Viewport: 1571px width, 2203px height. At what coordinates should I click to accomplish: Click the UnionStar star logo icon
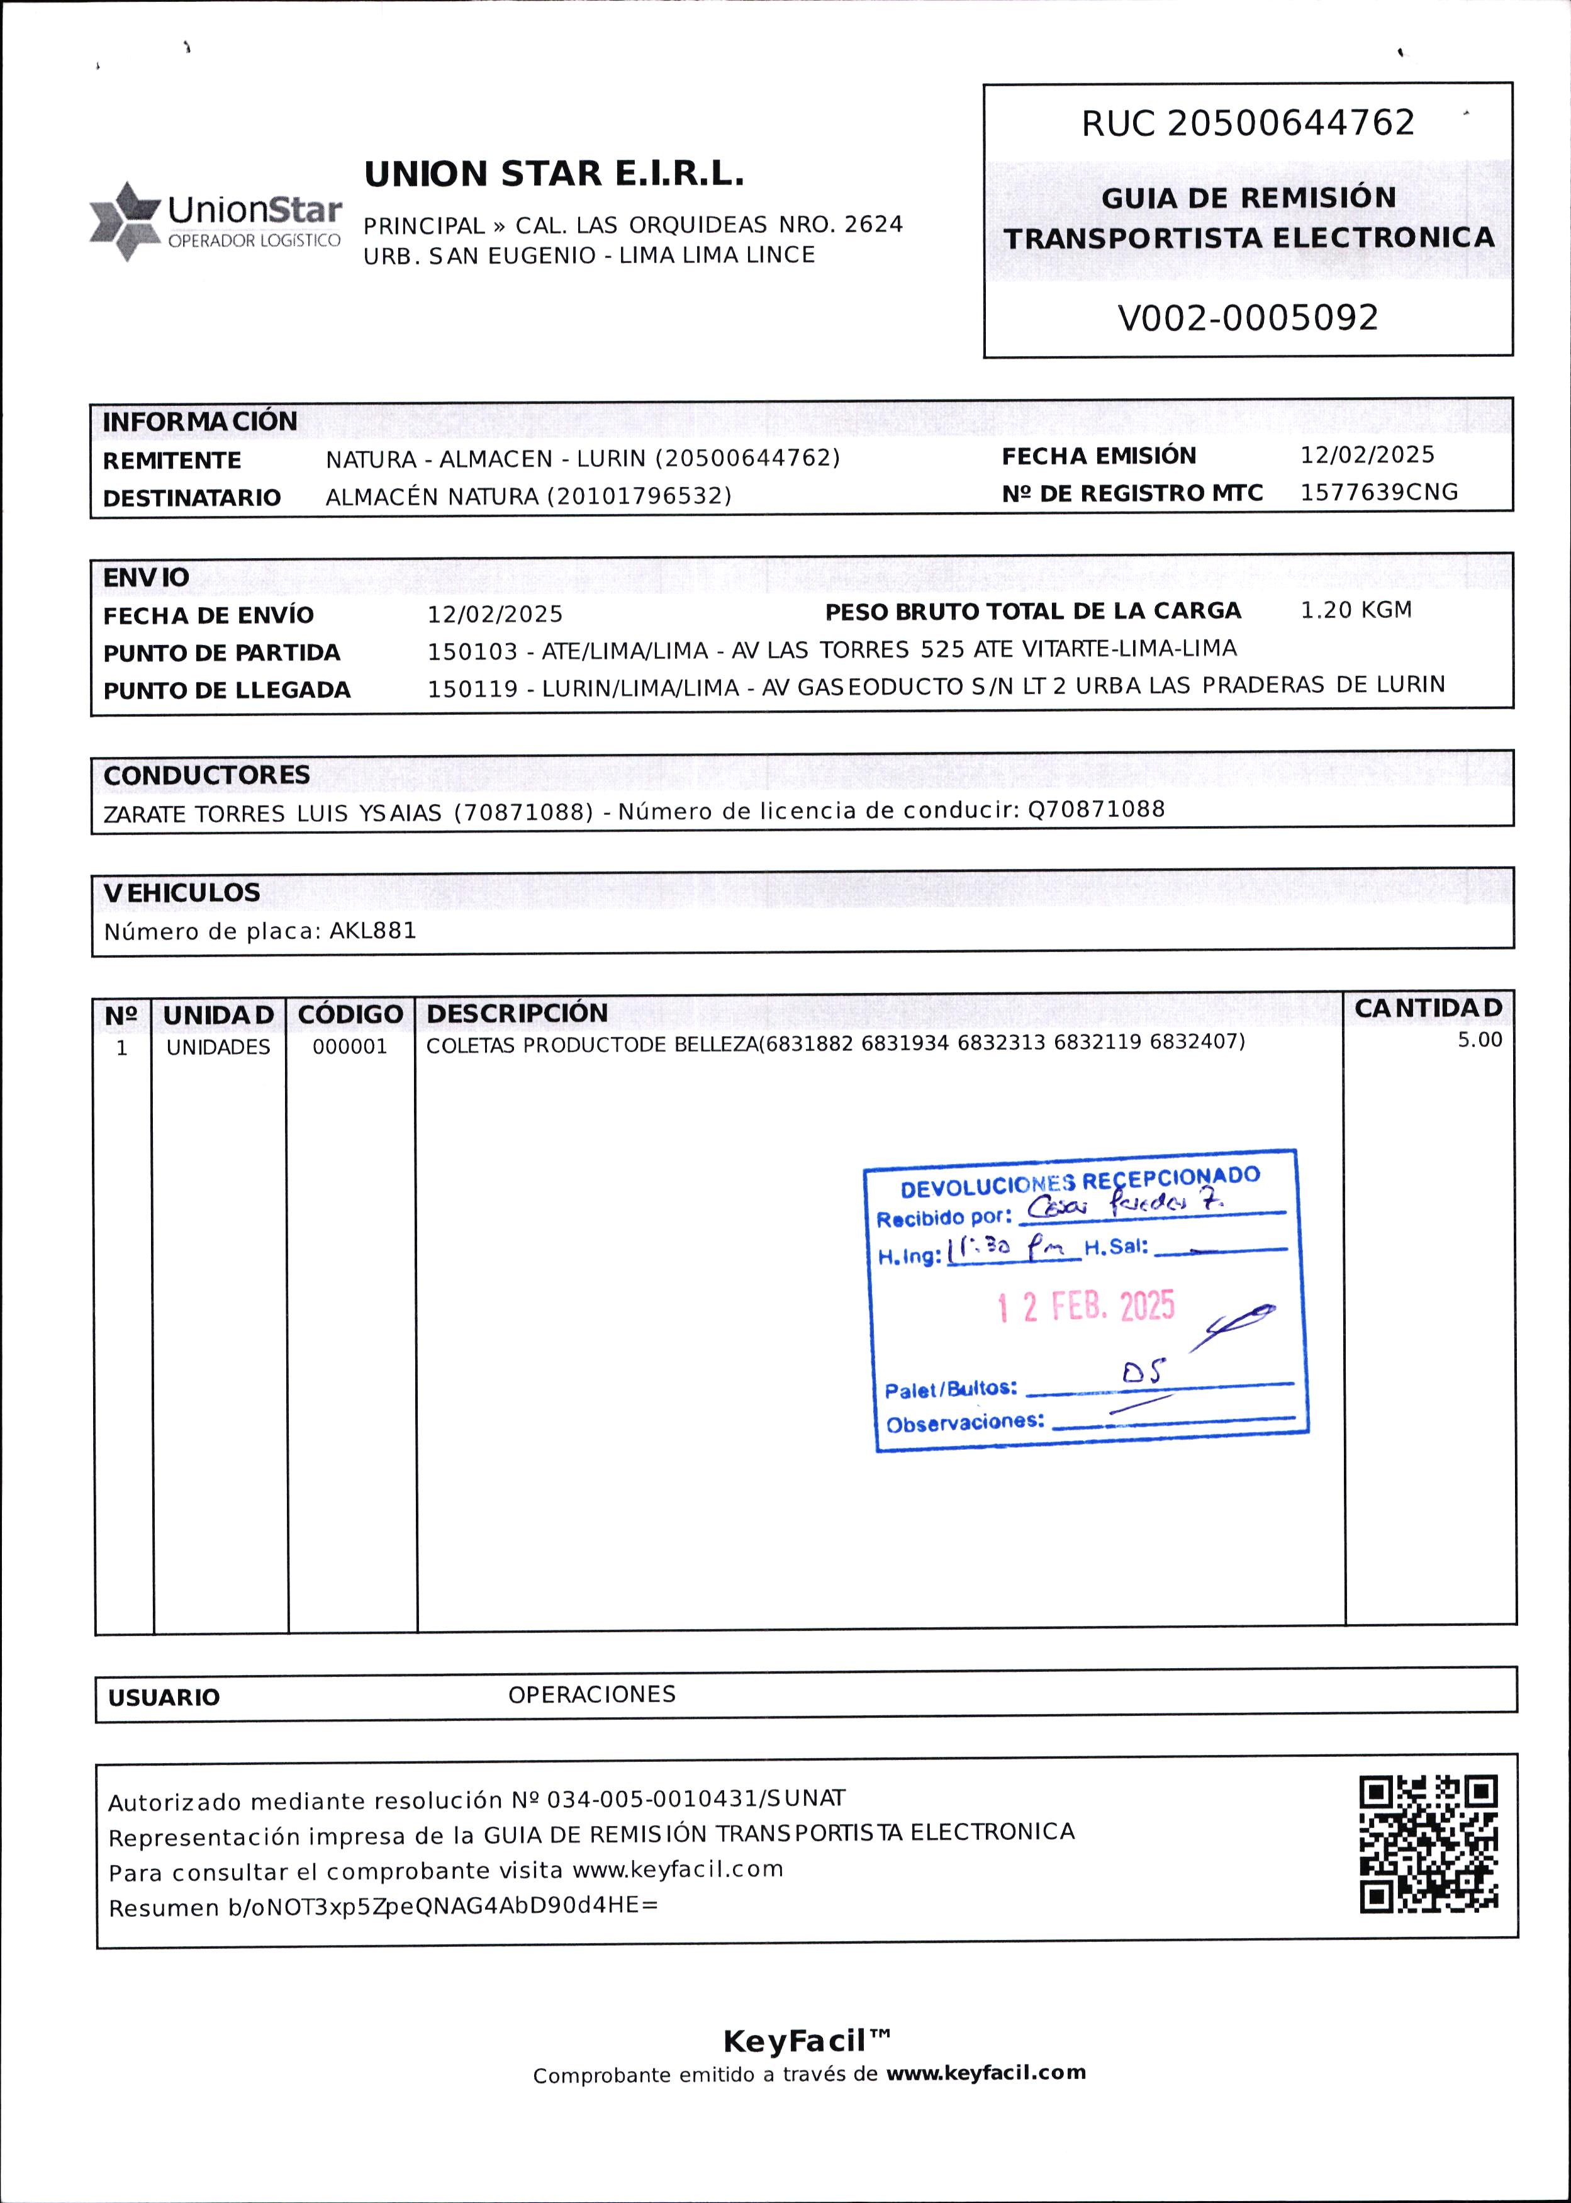(x=125, y=221)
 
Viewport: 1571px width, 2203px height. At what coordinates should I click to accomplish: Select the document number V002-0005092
(x=1247, y=317)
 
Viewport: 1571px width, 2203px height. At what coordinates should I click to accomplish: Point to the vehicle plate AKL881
(x=373, y=931)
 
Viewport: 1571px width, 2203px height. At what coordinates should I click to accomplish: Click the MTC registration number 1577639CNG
(x=1378, y=493)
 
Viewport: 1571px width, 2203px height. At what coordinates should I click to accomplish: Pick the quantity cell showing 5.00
(x=1479, y=1040)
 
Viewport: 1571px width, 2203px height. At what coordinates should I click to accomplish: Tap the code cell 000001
(x=349, y=1047)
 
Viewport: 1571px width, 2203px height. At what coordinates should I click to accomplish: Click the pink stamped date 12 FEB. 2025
(x=1085, y=1307)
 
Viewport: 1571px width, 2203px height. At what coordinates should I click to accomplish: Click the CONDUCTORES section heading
(x=207, y=775)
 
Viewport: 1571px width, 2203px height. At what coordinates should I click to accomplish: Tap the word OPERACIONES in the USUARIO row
(x=591, y=1694)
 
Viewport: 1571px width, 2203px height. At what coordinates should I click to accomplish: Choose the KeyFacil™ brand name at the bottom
(x=807, y=2041)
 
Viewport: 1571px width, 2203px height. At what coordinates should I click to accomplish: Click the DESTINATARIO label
(x=191, y=497)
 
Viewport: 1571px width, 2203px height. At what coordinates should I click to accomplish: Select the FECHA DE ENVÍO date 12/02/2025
(x=495, y=614)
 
